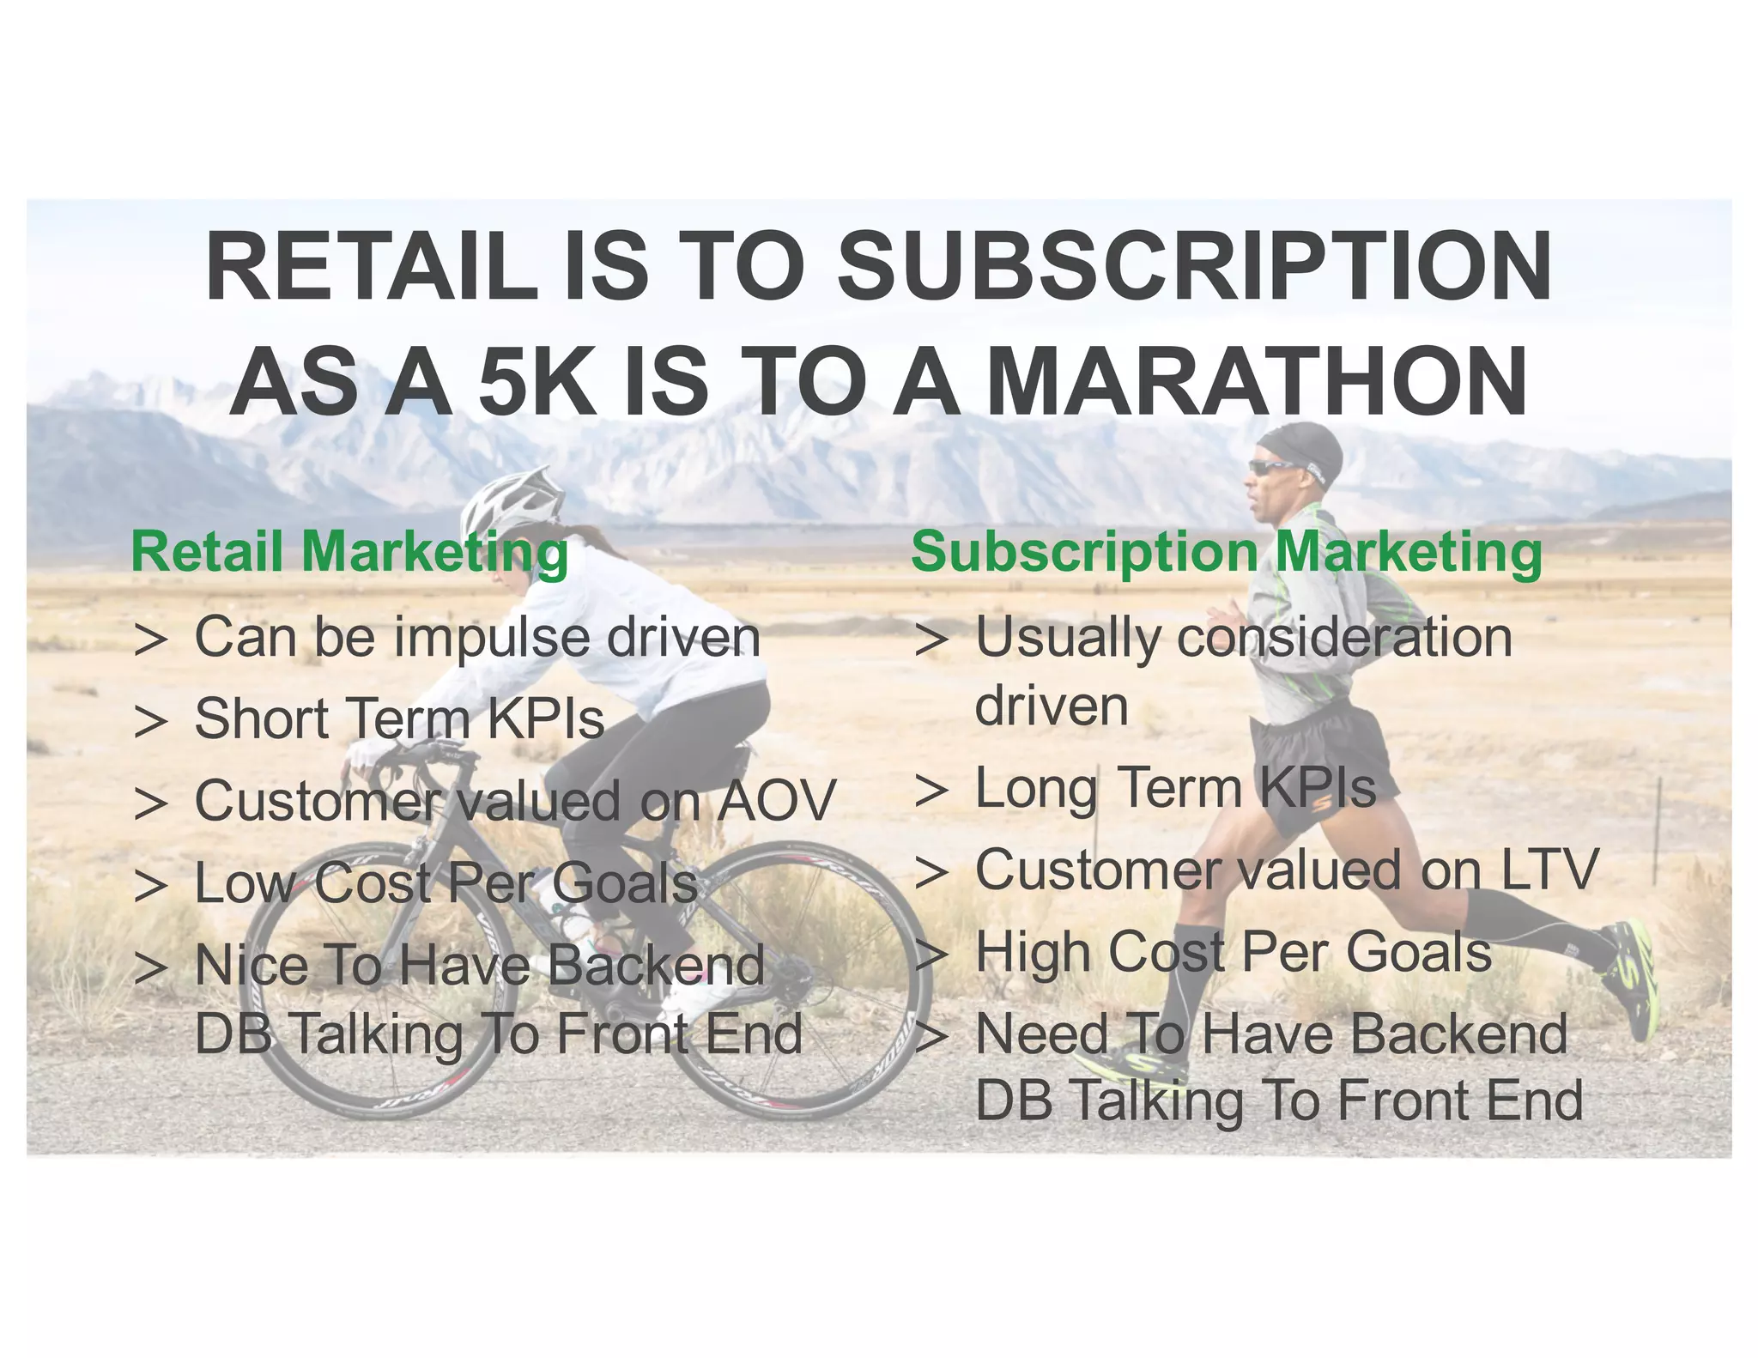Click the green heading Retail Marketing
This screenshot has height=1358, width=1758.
click(349, 552)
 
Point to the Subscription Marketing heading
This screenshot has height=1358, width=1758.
click(1226, 552)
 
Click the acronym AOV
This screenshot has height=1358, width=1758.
click(776, 801)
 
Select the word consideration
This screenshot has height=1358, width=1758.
click(1344, 639)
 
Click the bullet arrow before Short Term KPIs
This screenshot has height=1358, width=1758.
click(150, 721)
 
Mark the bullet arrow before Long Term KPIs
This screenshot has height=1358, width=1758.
click(931, 790)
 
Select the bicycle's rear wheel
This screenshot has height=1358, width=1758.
click(800, 979)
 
